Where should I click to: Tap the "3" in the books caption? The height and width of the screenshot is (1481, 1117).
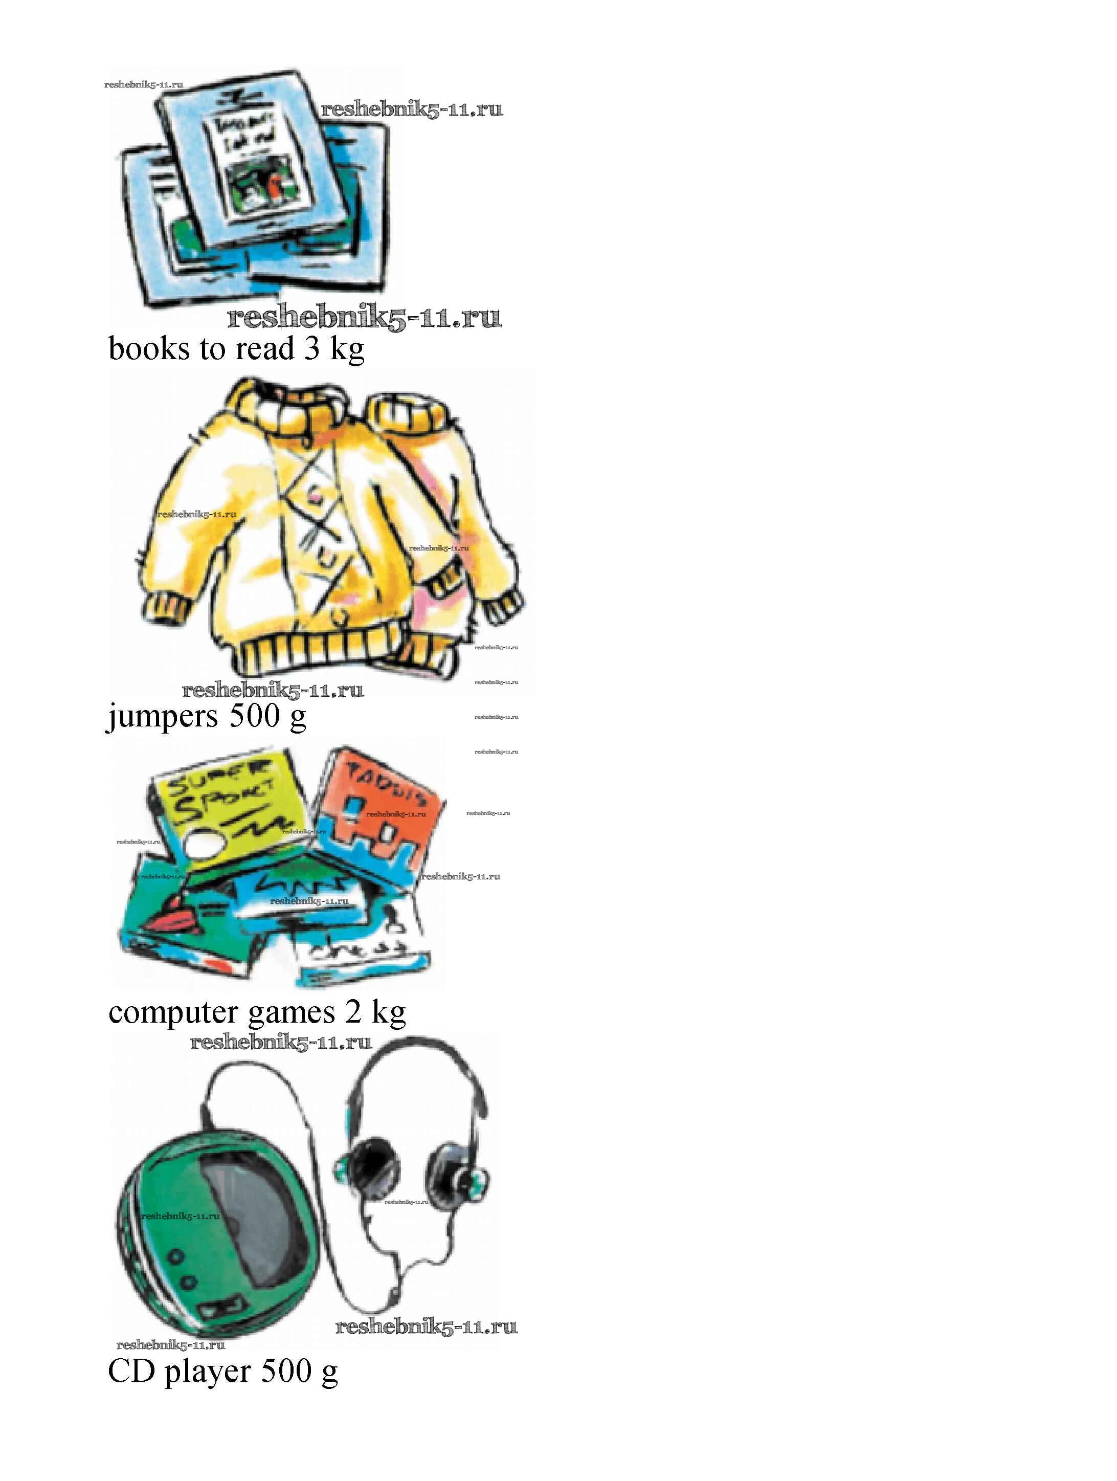point(312,349)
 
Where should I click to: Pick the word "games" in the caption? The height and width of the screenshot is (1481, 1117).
point(291,1013)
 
